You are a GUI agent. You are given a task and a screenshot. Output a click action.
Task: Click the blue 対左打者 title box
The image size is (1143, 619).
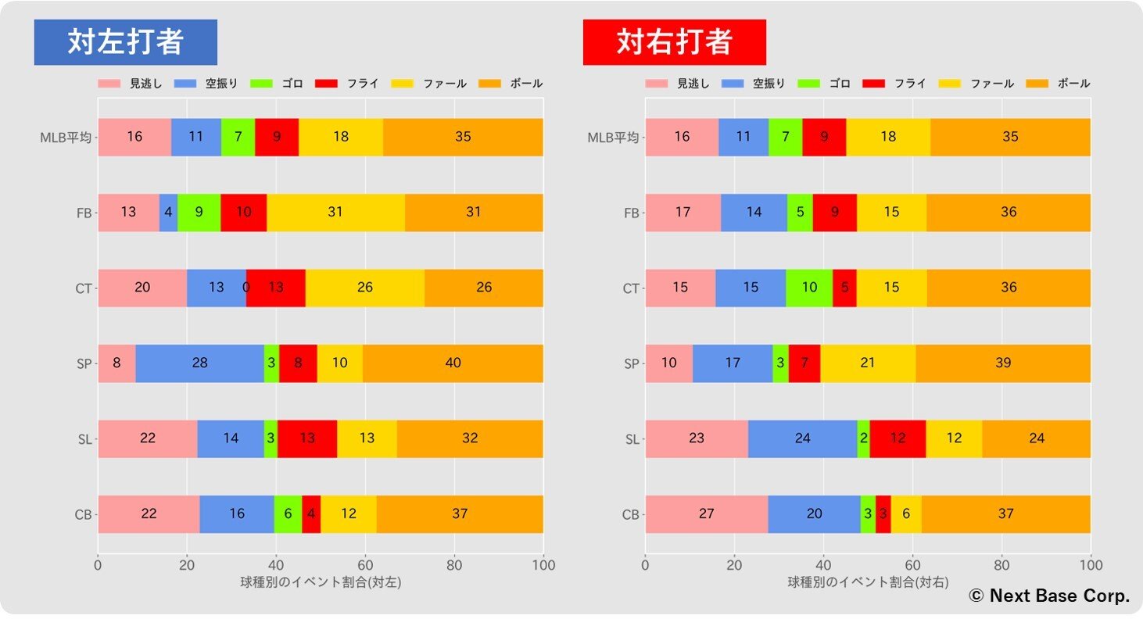(126, 42)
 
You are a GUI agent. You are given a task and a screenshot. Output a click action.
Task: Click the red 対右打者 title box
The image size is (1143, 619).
(674, 42)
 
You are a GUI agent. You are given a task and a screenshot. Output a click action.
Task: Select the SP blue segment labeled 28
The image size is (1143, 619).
(199, 363)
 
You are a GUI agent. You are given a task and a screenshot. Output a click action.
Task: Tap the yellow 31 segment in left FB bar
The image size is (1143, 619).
(335, 213)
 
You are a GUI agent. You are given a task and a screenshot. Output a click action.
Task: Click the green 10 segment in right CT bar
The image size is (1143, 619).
(809, 288)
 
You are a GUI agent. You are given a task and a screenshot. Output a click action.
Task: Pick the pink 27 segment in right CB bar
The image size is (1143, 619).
(706, 514)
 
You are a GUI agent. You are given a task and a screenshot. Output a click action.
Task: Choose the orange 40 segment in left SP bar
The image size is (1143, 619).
(453, 363)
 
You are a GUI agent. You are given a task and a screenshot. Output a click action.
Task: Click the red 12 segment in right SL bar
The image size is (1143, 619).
(898, 439)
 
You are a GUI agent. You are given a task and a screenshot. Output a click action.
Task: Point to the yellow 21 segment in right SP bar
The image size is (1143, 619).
(868, 363)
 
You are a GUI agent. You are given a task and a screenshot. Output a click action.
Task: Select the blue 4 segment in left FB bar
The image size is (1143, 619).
(168, 213)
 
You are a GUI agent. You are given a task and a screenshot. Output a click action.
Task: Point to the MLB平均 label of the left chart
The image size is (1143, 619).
(66, 138)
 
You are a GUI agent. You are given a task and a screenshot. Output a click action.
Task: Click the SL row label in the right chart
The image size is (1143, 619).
(632, 439)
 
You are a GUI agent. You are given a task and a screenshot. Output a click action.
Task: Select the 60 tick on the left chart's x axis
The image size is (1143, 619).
(365, 565)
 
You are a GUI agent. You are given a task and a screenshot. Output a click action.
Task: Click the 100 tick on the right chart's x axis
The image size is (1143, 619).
(1091, 565)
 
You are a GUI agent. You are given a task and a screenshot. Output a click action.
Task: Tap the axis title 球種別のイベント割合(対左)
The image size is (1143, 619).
(321, 582)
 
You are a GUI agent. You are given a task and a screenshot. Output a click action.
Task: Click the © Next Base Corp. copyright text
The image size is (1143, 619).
(1049, 596)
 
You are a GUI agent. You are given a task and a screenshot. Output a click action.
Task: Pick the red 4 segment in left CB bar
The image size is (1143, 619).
(311, 514)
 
